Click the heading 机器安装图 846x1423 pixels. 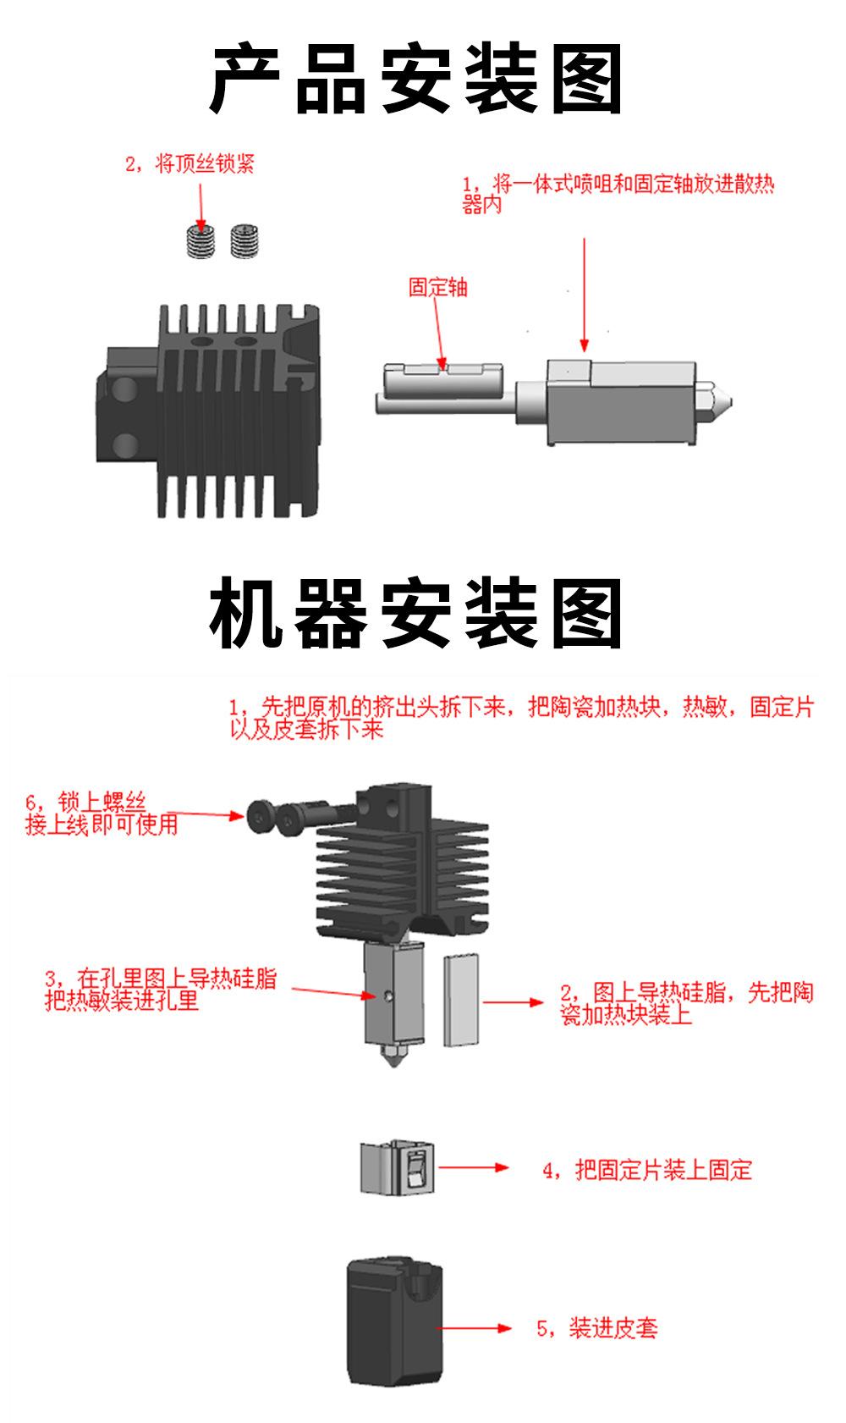tap(416, 614)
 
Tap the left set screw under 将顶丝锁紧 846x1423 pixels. tap(201, 240)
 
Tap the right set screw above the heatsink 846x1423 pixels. tap(244, 240)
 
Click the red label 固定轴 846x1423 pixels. tap(437, 288)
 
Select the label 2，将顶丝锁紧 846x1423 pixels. tap(190, 164)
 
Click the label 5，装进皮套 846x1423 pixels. tap(597, 1327)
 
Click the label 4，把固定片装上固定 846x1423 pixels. tap(646, 1170)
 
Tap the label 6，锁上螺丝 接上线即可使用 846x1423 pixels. tap(102, 814)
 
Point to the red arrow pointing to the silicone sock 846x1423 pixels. tap(475, 1327)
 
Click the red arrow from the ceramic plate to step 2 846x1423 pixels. tap(513, 1002)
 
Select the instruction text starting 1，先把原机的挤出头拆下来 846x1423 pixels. tap(520, 718)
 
